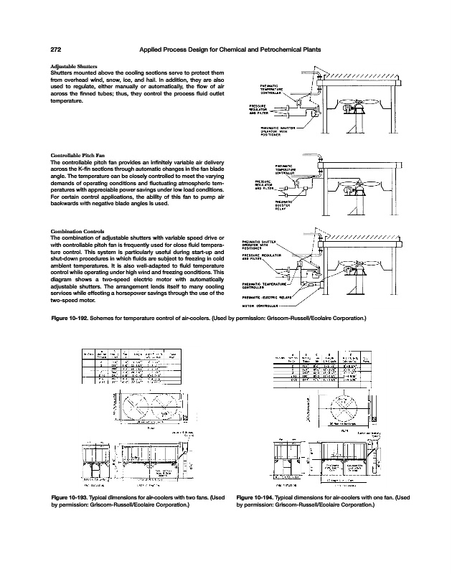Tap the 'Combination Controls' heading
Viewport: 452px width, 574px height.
point(77,230)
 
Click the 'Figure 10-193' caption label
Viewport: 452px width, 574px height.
point(72,497)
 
